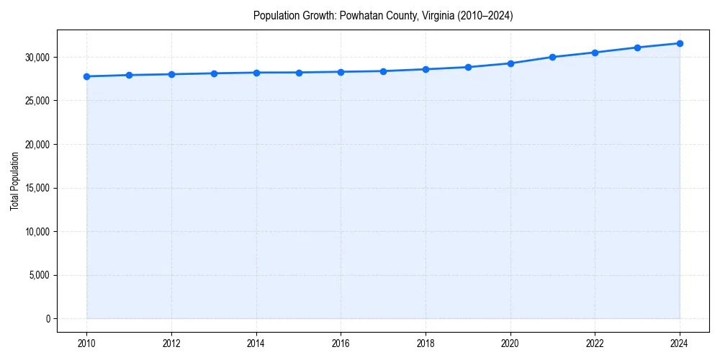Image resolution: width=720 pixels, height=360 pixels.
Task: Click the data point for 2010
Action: (x=86, y=76)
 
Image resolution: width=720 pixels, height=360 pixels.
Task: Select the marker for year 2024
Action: (x=680, y=43)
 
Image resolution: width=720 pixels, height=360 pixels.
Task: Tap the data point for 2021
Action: (x=552, y=57)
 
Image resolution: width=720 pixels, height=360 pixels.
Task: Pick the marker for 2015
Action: (x=299, y=72)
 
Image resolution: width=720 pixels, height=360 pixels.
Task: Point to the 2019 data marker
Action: (x=468, y=67)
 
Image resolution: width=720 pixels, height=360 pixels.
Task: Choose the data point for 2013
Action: (x=214, y=73)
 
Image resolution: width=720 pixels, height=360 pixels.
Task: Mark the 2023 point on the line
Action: (x=637, y=48)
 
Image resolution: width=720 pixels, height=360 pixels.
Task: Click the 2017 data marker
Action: (x=383, y=71)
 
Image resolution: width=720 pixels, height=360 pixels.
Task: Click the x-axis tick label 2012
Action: (x=171, y=343)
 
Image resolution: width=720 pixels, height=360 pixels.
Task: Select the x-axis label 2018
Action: (x=426, y=343)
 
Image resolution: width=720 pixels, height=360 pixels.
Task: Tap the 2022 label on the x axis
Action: (x=595, y=343)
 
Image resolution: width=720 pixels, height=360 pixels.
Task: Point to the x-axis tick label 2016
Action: (x=341, y=343)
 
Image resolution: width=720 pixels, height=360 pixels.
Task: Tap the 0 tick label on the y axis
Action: (x=47, y=318)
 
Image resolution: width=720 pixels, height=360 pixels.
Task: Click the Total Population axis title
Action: (x=14, y=181)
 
